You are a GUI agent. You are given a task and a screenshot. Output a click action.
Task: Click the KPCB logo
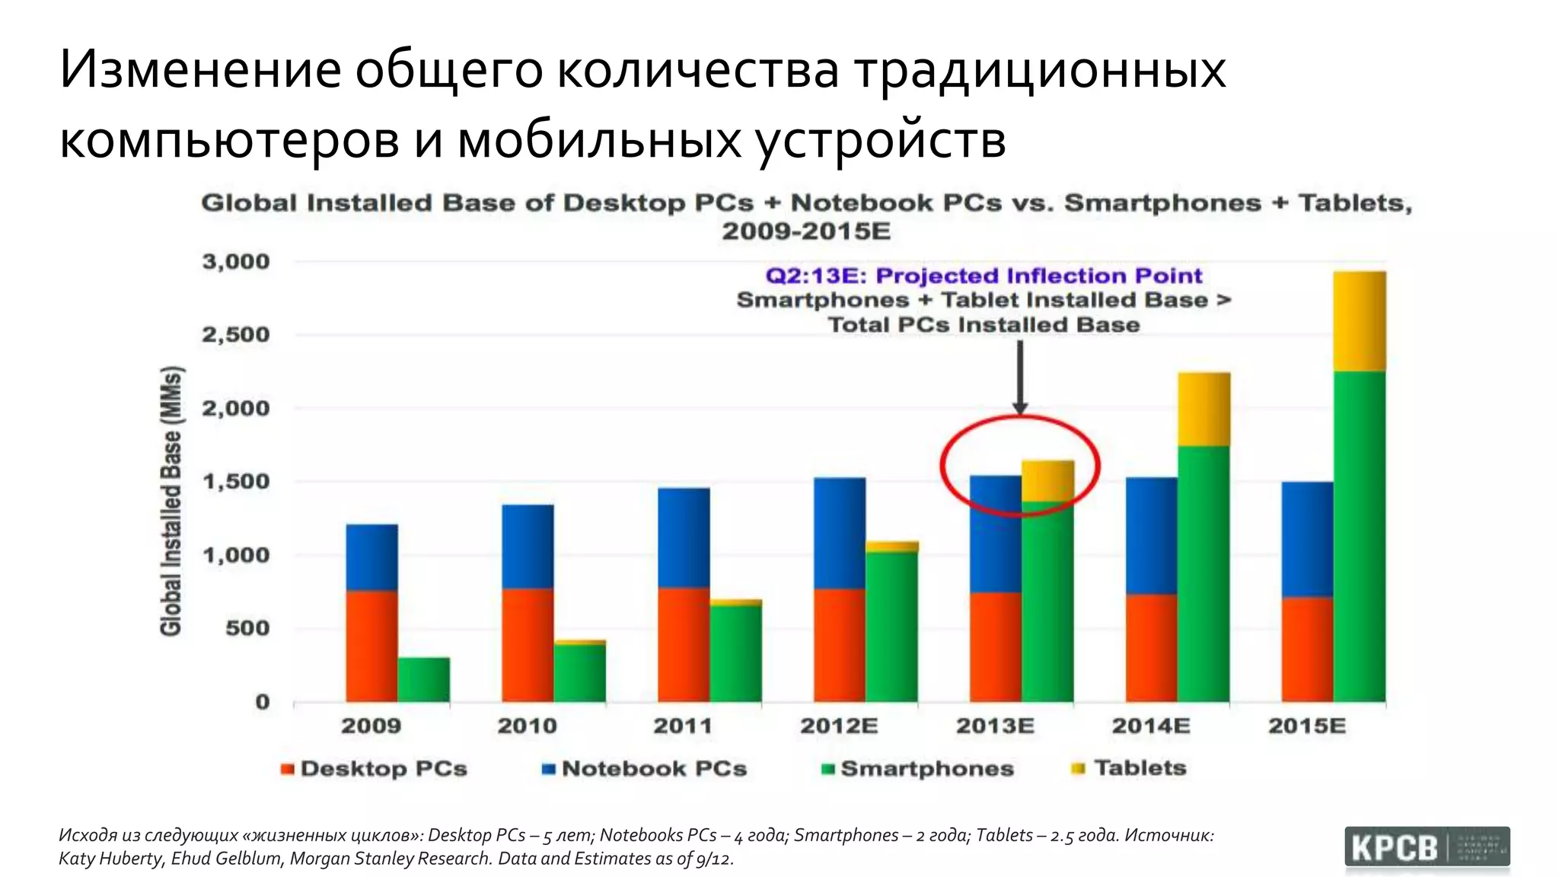click(1427, 848)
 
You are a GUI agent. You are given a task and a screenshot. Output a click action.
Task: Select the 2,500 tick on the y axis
click(235, 335)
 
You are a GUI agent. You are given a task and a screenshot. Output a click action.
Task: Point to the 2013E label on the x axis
click(995, 726)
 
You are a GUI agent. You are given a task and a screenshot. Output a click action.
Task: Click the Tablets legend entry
click(1130, 768)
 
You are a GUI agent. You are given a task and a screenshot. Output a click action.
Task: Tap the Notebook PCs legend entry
click(644, 769)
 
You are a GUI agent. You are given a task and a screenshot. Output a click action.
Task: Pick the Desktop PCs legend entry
click(374, 769)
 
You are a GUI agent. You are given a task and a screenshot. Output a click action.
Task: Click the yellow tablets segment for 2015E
click(1359, 321)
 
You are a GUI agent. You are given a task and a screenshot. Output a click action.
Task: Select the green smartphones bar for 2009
click(423, 679)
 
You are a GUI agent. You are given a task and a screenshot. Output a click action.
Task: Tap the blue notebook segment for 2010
click(528, 546)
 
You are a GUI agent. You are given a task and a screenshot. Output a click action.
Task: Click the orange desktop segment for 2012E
click(839, 645)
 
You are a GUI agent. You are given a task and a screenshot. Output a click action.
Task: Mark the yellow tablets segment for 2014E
click(1204, 409)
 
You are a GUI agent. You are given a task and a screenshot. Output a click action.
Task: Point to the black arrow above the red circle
click(1020, 377)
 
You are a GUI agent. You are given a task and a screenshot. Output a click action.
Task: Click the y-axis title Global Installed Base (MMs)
click(171, 501)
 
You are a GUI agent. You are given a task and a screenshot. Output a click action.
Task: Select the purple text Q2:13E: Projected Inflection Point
click(984, 276)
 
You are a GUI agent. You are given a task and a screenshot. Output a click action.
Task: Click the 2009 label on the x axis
click(371, 726)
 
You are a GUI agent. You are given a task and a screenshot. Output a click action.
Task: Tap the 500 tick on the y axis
click(247, 629)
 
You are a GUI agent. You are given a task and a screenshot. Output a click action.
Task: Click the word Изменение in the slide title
click(200, 69)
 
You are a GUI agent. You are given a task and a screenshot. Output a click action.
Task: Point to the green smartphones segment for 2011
click(735, 653)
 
